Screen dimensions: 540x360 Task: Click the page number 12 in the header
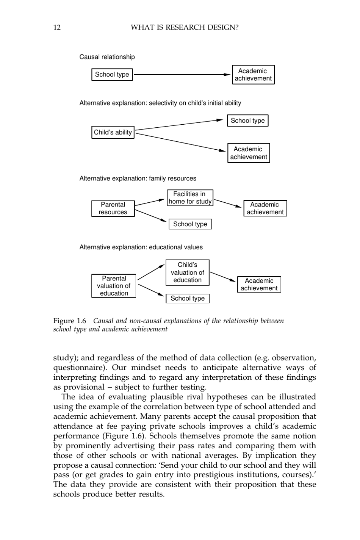tap(57, 27)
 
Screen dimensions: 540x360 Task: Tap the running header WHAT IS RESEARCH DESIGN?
tap(184, 27)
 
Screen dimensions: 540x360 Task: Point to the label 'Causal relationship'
tap(107, 57)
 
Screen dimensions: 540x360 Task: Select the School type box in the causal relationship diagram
tap(112, 75)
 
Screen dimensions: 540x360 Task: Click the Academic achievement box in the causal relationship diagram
tap(253, 75)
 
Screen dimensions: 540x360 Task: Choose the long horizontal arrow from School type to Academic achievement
tap(182, 75)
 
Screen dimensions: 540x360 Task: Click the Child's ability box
tap(113, 132)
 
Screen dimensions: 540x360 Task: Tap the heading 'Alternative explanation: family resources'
tap(138, 178)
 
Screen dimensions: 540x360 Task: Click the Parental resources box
tap(113, 208)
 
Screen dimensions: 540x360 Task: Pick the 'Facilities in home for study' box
tap(190, 198)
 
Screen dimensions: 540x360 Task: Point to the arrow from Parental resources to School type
tap(151, 215)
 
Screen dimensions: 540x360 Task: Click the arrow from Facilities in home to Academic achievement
tap(228, 203)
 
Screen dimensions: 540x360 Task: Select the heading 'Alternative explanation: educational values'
tap(141, 247)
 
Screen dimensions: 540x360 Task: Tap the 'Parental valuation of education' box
tap(114, 286)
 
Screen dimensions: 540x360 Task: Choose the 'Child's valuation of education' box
tap(187, 272)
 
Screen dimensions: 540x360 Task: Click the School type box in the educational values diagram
tap(187, 299)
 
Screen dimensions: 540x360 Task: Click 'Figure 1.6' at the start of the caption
tap(70, 321)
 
